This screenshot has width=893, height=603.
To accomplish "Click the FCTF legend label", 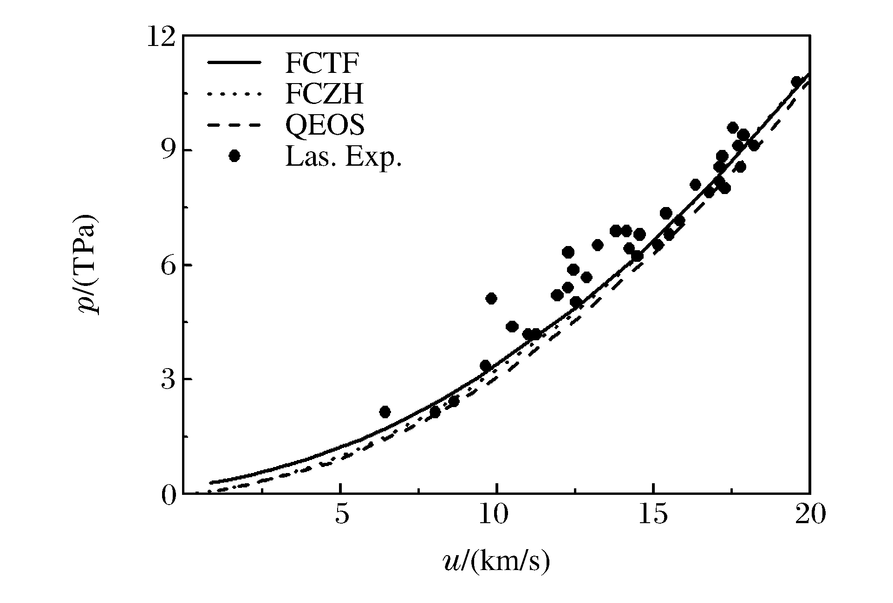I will point(321,65).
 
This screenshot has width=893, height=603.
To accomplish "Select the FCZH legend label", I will point(324,95).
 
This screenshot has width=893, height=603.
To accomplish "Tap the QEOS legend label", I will point(325,125).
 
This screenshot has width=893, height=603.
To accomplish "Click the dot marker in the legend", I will point(235,156).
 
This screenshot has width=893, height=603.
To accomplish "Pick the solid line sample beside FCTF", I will point(235,64).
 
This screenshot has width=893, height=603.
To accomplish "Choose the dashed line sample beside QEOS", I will point(235,125).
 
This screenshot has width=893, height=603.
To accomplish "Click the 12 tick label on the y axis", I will point(161,37).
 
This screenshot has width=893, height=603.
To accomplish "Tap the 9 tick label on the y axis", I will point(168,150).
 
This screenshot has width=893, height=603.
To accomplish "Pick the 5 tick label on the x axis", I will point(341,516).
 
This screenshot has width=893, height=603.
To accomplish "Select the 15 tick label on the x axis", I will point(653,516).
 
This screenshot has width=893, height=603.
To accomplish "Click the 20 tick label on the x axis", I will point(810,516).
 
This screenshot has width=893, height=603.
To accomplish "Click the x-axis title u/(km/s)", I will point(496,561).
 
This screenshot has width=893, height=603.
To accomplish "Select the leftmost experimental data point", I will point(385,412).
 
